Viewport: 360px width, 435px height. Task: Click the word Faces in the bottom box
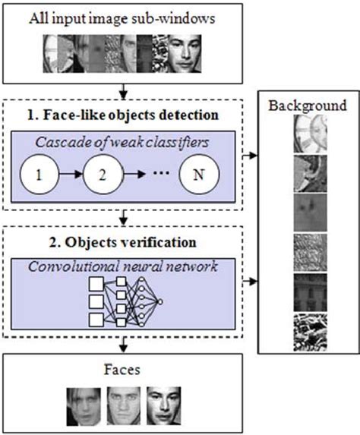click(x=125, y=371)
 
